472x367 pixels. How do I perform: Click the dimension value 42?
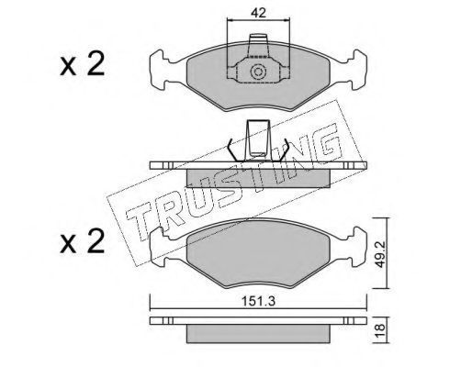[x=258, y=13]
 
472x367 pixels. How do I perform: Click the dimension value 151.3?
[x=259, y=301]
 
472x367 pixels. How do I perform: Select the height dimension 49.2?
[x=380, y=253]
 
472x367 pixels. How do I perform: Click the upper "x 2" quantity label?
[x=83, y=64]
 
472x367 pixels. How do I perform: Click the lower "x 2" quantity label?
[x=83, y=241]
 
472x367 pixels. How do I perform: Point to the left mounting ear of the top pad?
[x=160, y=70]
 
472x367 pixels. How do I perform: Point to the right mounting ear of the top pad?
[x=357, y=70]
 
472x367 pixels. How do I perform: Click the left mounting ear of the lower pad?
[x=160, y=247]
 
